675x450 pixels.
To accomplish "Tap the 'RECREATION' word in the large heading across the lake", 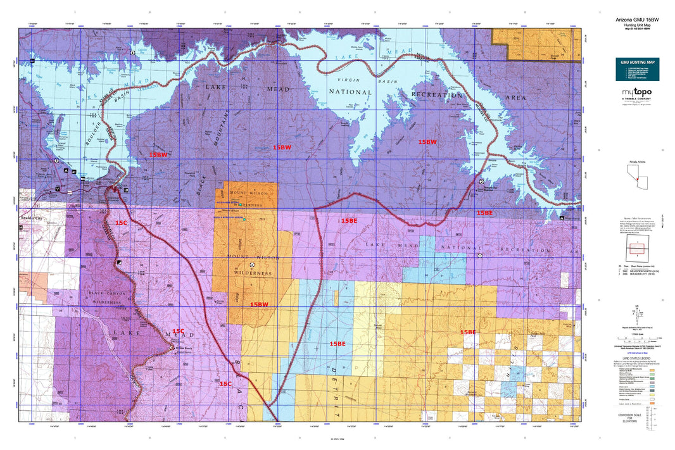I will point(438,94).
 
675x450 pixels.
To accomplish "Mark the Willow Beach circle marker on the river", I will point(172,347).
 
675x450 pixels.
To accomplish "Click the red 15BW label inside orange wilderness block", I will point(259,304).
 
